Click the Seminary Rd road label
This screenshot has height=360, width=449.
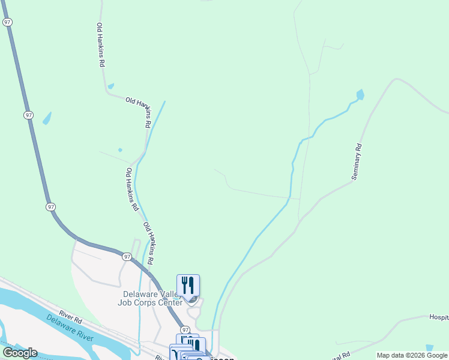pyautogui.click(x=358, y=161)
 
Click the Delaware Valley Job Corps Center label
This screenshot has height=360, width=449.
pyautogui.click(x=152, y=298)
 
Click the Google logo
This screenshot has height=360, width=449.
pyautogui.click(x=20, y=353)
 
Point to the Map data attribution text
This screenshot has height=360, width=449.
pyautogui.click(x=412, y=355)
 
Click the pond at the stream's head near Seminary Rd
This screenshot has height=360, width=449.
pyautogui.click(x=360, y=94)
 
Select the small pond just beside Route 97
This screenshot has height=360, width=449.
pyautogui.click(x=47, y=118)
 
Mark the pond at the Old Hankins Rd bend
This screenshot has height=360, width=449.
pyautogui.click(x=111, y=86)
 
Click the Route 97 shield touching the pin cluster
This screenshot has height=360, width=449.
pyautogui.click(x=185, y=330)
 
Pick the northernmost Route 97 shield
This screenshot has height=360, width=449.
pyautogui.click(x=7, y=22)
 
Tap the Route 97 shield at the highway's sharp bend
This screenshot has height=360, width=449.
pyautogui.click(x=51, y=206)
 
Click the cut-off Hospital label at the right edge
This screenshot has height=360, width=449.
pyautogui.click(x=439, y=317)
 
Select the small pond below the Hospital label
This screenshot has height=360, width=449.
pyautogui.click(x=429, y=348)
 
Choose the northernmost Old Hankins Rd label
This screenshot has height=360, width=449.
pyautogui.click(x=101, y=45)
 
